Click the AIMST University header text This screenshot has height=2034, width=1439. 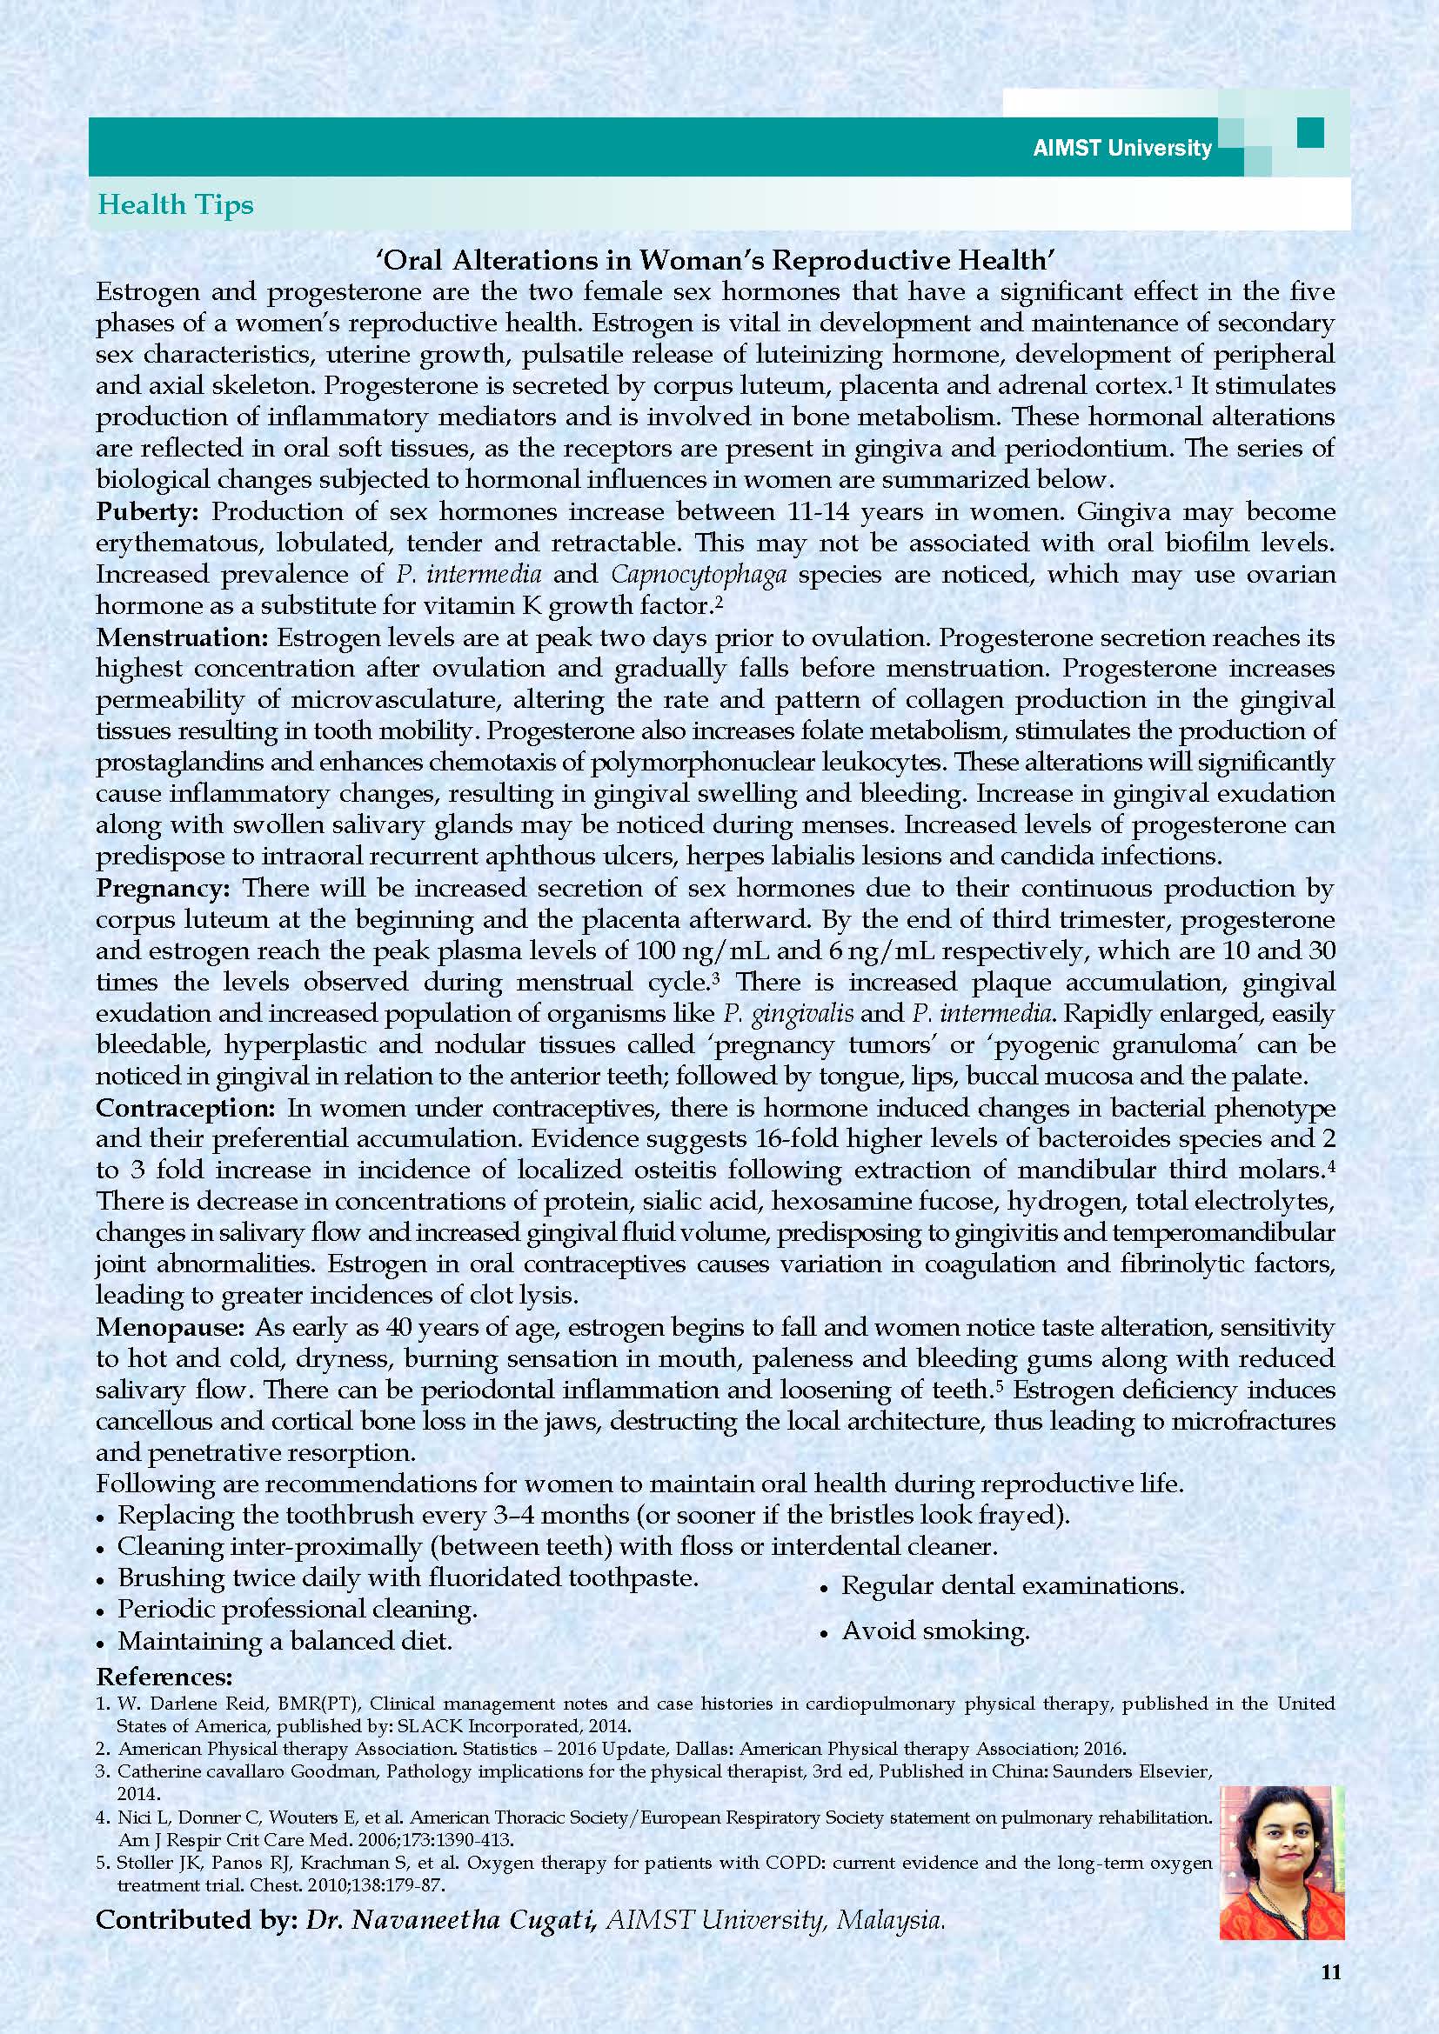[x=1121, y=148]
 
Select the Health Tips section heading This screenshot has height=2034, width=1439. [x=176, y=204]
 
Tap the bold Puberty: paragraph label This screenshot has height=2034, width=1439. [x=150, y=511]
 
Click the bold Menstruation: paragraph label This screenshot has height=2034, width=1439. [x=184, y=637]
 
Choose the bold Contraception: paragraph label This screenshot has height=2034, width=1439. [x=186, y=1108]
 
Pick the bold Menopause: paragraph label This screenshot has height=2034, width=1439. [x=171, y=1327]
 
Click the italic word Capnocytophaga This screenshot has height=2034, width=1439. [x=699, y=574]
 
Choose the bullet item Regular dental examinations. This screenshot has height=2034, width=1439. [x=1012, y=1585]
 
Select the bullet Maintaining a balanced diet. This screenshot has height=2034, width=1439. [x=284, y=1641]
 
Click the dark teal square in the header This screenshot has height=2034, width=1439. [x=1309, y=133]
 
